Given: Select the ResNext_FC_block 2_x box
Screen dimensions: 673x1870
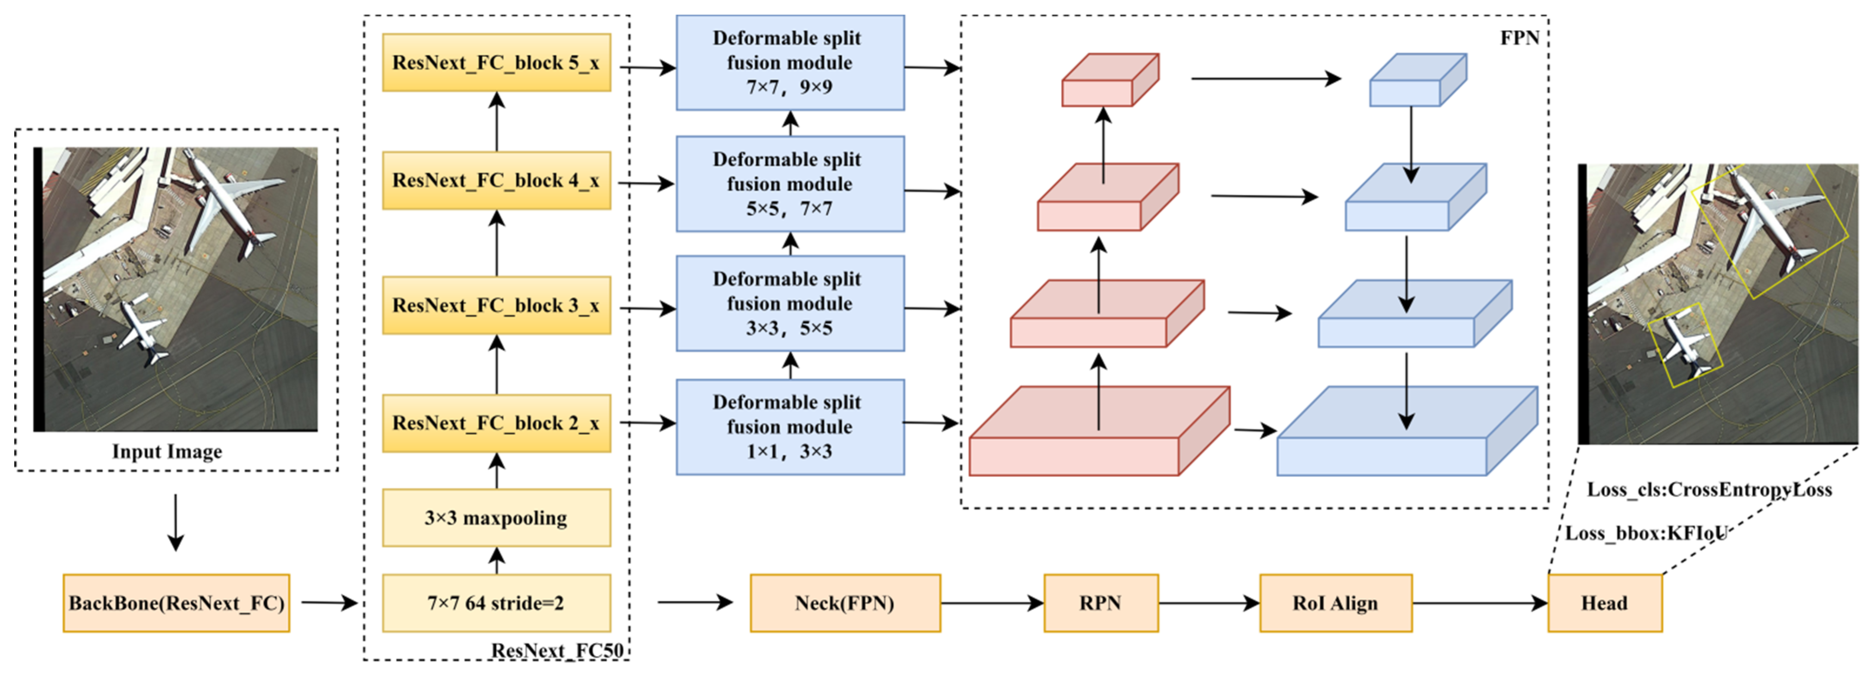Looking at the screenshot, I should click(497, 423).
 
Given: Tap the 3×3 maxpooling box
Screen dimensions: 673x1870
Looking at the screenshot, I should click(497, 517).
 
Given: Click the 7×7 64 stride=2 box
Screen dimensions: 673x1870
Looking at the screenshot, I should click(497, 603).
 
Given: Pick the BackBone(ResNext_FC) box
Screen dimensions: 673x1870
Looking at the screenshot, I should click(176, 603).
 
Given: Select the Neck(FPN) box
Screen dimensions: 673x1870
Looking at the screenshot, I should click(845, 603).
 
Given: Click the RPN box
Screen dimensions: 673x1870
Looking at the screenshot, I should click(1101, 603).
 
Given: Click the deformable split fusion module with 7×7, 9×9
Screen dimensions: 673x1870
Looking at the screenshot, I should click(790, 62).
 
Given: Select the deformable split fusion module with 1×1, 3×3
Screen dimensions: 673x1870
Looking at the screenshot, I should click(790, 427).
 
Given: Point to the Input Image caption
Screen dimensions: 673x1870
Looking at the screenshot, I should click(167, 452).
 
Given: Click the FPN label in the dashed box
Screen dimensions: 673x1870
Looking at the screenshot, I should click(1519, 38).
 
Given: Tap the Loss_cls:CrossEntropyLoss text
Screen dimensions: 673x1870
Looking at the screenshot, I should click(1709, 490).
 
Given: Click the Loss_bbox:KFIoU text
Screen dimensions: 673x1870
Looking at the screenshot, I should click(1645, 533).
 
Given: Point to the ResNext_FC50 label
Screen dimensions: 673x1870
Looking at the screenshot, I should click(557, 650).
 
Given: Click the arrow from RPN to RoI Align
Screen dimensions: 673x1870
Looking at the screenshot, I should click(1209, 603).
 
